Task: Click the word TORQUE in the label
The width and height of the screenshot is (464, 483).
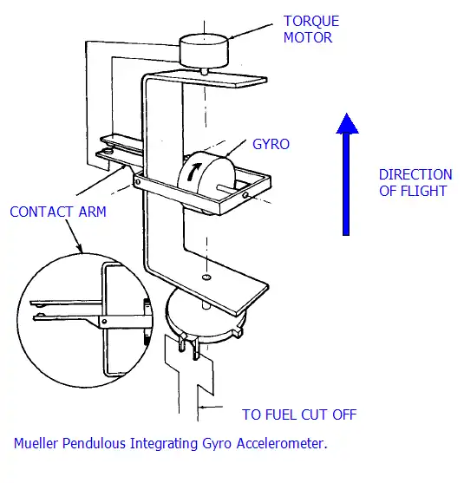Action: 311,22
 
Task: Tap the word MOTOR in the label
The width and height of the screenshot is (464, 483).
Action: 308,37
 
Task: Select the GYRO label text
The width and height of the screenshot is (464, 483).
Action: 271,144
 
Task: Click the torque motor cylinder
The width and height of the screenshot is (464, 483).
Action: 204,50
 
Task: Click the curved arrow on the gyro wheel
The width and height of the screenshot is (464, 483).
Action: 193,172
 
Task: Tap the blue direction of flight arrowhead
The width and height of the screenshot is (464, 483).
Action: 347,123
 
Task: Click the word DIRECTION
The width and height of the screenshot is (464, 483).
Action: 415,174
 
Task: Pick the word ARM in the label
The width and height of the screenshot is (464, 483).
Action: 93,212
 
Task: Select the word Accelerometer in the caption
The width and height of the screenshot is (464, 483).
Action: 282,443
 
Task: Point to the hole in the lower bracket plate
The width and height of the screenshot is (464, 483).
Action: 206,277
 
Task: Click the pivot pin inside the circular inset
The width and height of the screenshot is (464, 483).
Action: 104,322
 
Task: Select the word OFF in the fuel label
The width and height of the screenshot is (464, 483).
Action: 344,414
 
